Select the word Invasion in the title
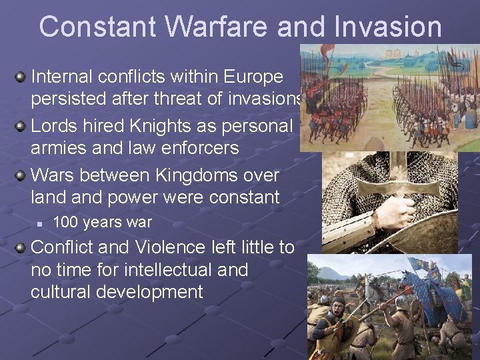tap(384, 27)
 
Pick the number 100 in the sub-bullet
tap(65, 222)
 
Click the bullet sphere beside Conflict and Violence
tap(21, 247)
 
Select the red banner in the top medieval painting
tap(327, 51)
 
